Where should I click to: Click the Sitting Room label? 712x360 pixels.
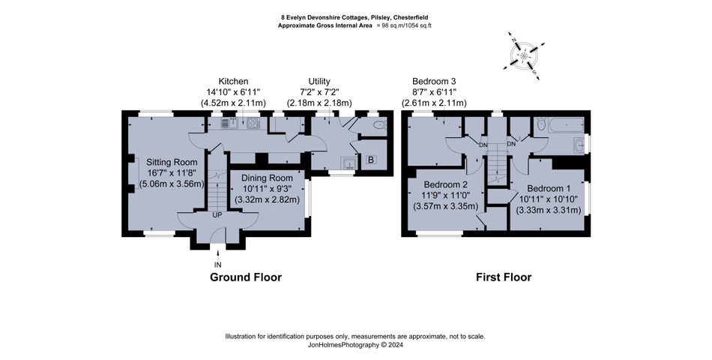tap(172, 162)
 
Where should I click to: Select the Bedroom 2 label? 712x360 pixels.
tap(445, 185)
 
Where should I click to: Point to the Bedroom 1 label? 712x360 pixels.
tap(549, 188)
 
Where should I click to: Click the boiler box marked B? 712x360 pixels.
tap(371, 159)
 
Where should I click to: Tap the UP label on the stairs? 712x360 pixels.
tap(217, 215)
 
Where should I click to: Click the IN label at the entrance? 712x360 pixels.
tap(217, 265)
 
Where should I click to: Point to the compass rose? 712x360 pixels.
tap(524, 55)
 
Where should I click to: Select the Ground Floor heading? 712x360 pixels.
tap(245, 277)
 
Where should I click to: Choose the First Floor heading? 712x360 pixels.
tap(504, 277)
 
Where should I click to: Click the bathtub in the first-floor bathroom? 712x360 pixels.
tap(564, 125)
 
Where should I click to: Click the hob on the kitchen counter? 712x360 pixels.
tap(253, 124)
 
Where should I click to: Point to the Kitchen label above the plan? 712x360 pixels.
tap(233, 81)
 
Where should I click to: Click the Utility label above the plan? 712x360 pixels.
tap(319, 81)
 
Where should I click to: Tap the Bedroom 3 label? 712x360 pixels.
tap(434, 81)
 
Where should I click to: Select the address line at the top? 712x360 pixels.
tap(355, 16)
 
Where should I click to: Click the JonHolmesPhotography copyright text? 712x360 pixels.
tap(355, 346)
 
